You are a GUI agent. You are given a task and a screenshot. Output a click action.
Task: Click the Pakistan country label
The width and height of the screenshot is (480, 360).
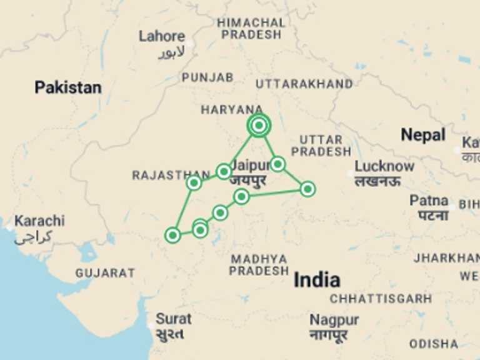tap(67, 87)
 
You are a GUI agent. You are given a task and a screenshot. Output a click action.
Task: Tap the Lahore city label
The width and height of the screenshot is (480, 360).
tap(162, 36)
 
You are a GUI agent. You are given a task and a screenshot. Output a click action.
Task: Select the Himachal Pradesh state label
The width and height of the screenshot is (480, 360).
tap(251, 29)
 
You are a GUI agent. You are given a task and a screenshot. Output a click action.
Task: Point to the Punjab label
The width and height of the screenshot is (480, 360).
tap(207, 77)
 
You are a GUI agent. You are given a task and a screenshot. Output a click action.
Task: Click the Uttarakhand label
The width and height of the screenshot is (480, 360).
tap(304, 84)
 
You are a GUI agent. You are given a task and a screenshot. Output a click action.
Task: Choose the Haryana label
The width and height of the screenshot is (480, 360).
tap(232, 110)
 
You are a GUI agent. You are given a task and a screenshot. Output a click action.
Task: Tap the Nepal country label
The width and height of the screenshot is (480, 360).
tap(423, 134)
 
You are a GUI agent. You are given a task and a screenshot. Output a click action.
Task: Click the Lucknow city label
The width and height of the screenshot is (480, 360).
tap(384, 166)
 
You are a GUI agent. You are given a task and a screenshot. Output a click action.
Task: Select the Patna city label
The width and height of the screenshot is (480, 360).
tap(429, 201)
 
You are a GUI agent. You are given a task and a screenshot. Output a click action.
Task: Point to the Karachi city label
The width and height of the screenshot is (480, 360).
tap(39, 221)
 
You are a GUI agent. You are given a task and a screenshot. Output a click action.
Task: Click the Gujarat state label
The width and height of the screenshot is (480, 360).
tap(105, 273)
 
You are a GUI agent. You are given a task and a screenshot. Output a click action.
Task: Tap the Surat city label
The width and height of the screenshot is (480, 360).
tap(173, 319)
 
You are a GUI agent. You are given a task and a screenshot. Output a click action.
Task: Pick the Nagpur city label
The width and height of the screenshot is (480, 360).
tap(334, 320)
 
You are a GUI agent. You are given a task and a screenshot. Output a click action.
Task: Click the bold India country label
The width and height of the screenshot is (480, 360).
tap(317, 280)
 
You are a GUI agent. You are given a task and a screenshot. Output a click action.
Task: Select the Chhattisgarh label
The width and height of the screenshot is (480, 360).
tap(381, 299)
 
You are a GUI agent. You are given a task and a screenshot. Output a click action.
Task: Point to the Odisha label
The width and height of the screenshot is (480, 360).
tap(434, 344)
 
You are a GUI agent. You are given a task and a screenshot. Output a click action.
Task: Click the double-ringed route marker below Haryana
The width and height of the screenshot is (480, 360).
tap(258, 125)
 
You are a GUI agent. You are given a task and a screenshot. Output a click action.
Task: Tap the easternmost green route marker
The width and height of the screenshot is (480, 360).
tap(307, 189)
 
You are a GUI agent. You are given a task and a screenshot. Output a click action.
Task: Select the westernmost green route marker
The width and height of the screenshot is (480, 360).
tap(172, 235)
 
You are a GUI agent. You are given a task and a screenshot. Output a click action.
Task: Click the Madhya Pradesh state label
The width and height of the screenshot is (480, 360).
tap(258, 265)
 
